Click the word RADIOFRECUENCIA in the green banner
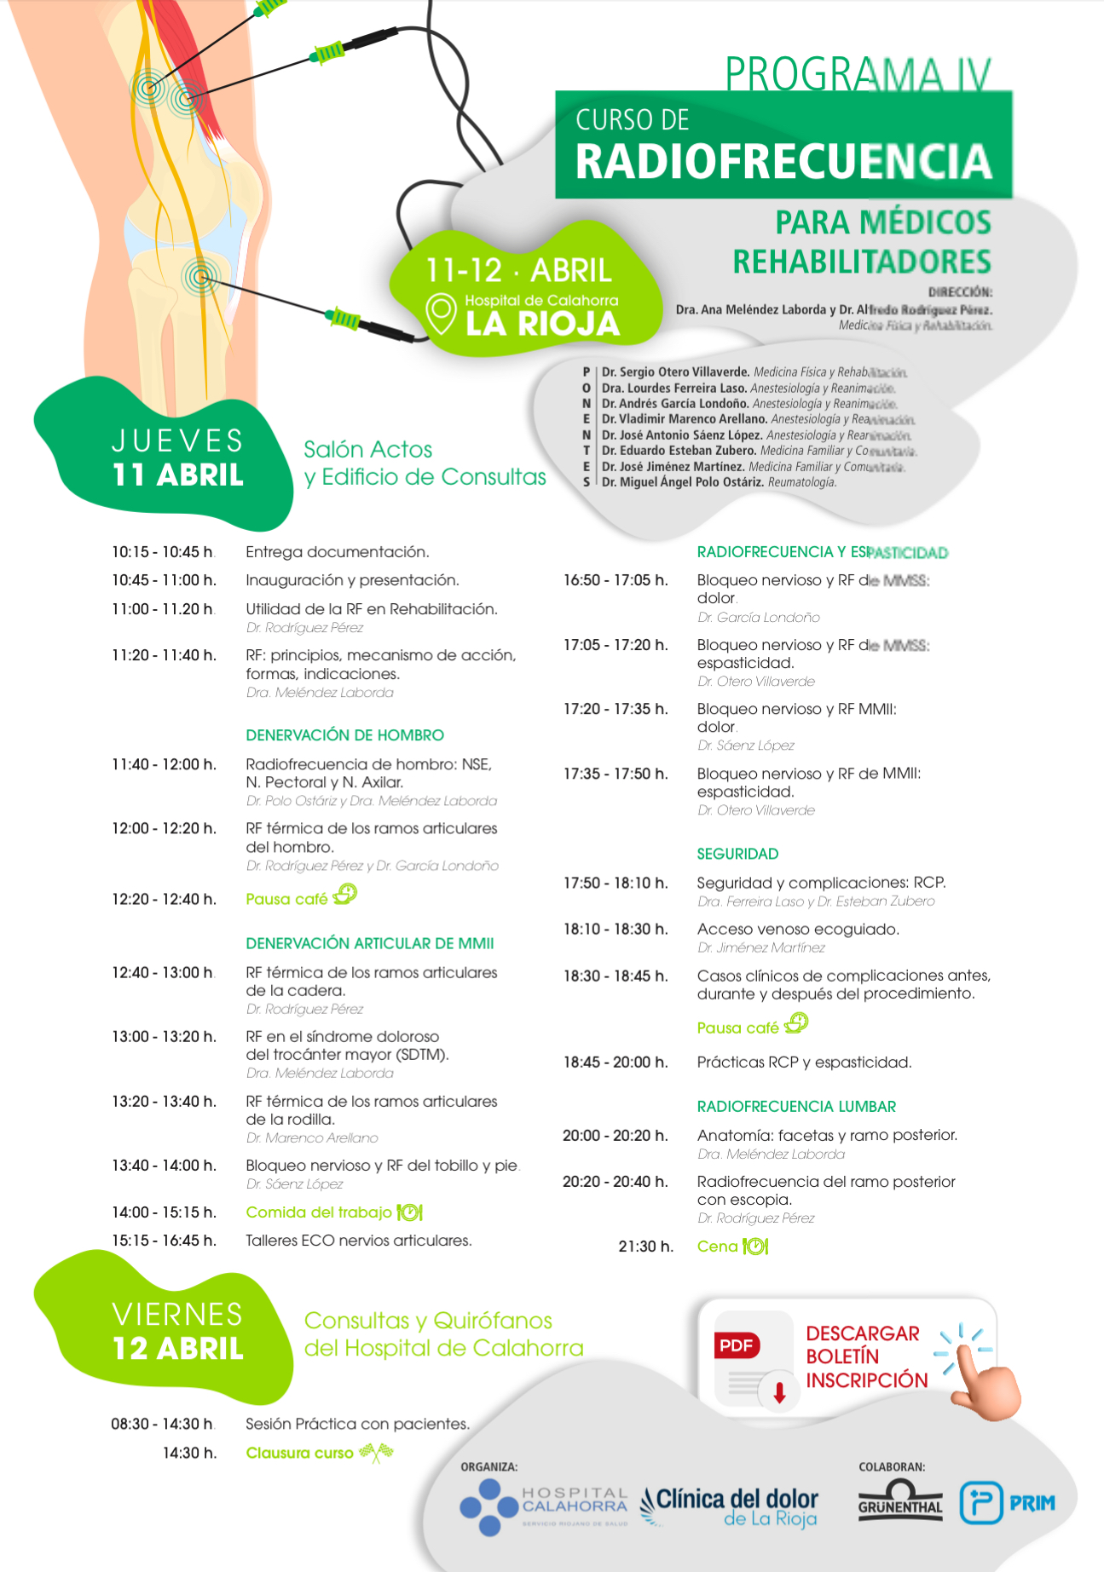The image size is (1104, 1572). click(x=783, y=161)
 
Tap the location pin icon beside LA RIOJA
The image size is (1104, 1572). click(x=441, y=314)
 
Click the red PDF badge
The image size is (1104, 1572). click(x=737, y=1345)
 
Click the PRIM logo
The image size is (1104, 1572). click(x=1007, y=1502)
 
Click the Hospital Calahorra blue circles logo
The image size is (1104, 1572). click(x=489, y=1506)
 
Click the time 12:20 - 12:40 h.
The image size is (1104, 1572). click(x=164, y=899)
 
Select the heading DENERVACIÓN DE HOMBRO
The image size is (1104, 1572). click(x=344, y=734)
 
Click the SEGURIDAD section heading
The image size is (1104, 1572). click(x=737, y=854)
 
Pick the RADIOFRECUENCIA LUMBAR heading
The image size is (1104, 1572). click(x=796, y=1106)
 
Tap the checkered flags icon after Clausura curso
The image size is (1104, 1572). click(x=376, y=1452)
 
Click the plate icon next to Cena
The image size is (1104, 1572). click(x=755, y=1247)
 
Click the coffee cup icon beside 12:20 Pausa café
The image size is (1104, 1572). click(x=345, y=895)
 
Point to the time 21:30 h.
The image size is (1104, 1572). click(x=645, y=1247)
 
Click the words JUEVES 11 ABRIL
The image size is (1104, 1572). click(x=177, y=458)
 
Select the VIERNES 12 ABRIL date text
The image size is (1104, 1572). click(x=177, y=1332)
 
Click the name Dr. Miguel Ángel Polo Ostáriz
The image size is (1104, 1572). click(x=682, y=482)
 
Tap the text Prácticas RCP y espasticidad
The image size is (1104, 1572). click(x=804, y=1062)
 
